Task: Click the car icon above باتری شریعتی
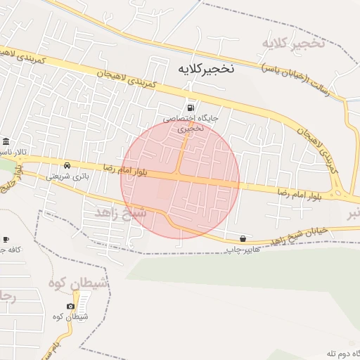pyautogui.click(x=67, y=165)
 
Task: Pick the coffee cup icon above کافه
pyautogui.click(x=6, y=239)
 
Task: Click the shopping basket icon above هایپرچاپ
pyautogui.click(x=243, y=238)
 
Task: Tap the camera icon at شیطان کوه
pyautogui.click(x=70, y=306)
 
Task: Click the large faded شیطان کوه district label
pyautogui.click(x=78, y=283)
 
